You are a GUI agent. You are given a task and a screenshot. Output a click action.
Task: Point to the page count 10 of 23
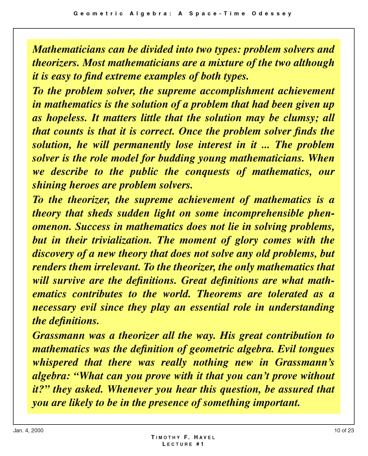pos(345,430)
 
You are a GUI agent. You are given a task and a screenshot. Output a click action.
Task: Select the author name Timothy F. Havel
pos(183,437)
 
